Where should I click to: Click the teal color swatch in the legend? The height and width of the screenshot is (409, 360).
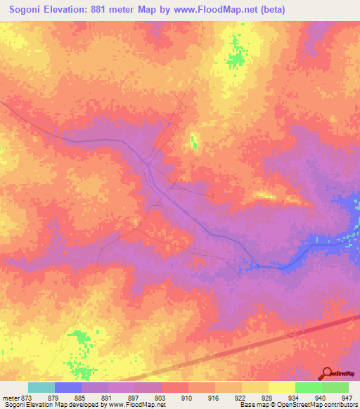click(x=41, y=387)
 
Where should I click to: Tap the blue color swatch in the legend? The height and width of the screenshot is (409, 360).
click(x=68, y=387)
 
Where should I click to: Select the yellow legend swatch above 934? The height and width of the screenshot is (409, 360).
click(x=282, y=387)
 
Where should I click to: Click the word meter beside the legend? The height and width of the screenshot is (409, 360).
click(x=10, y=398)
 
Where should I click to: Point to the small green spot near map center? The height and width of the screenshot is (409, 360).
click(x=193, y=143)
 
